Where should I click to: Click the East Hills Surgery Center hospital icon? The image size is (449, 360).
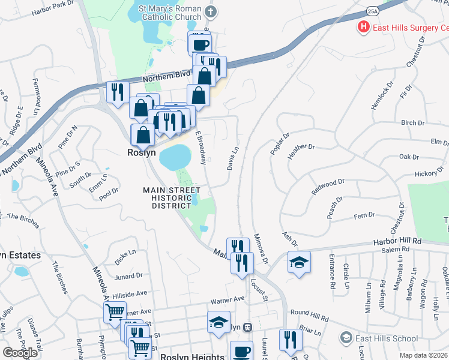click(x=363, y=27)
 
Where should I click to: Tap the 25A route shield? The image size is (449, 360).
click(x=372, y=10)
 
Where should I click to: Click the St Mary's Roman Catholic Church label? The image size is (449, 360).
click(x=167, y=13)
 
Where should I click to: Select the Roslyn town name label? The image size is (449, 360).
click(x=141, y=152)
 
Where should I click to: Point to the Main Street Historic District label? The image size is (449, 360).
click(x=171, y=197)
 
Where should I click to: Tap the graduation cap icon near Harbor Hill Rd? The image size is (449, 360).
click(x=299, y=263)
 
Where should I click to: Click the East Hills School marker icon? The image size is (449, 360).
click(x=345, y=338)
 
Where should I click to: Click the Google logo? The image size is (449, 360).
click(x=20, y=353)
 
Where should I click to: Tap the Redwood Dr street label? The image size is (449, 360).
click(x=328, y=186)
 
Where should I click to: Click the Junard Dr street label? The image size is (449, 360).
click(x=128, y=276)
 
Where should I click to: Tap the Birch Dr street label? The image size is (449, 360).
click(x=412, y=123)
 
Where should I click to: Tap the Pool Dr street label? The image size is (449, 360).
click(x=109, y=194)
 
